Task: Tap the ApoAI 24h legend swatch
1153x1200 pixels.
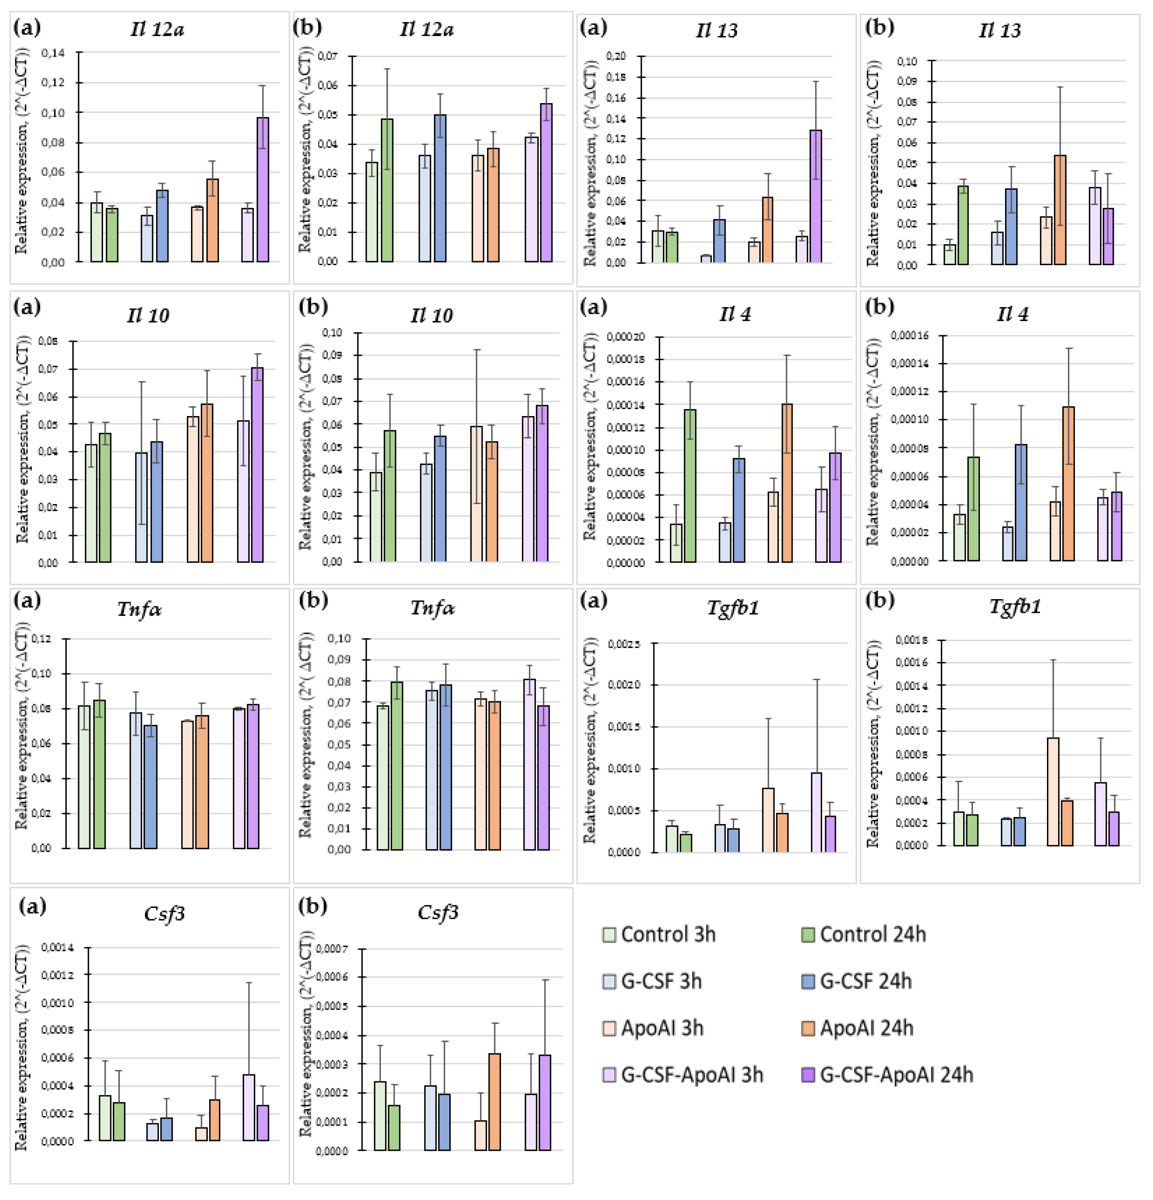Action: click(x=808, y=1028)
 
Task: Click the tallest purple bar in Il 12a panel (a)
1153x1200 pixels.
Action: click(x=262, y=190)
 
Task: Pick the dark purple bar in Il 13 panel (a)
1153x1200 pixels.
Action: click(x=815, y=196)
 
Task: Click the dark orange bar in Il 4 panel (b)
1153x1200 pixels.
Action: click(x=1068, y=484)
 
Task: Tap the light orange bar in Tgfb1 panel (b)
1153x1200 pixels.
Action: click(x=1053, y=792)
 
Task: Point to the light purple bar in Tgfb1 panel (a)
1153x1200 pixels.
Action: click(x=817, y=812)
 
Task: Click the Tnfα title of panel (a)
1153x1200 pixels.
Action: click(x=139, y=609)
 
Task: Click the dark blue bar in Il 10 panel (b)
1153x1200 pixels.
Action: click(x=440, y=498)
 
